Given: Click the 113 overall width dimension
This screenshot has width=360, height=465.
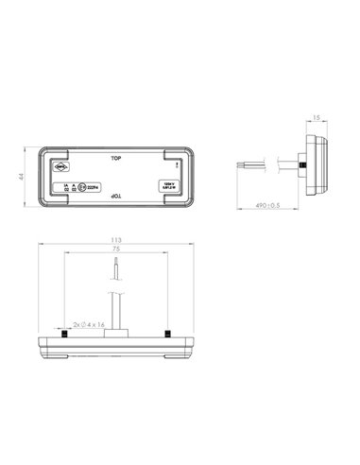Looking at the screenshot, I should click(114, 242).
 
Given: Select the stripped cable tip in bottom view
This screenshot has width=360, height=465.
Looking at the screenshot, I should click(114, 271).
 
